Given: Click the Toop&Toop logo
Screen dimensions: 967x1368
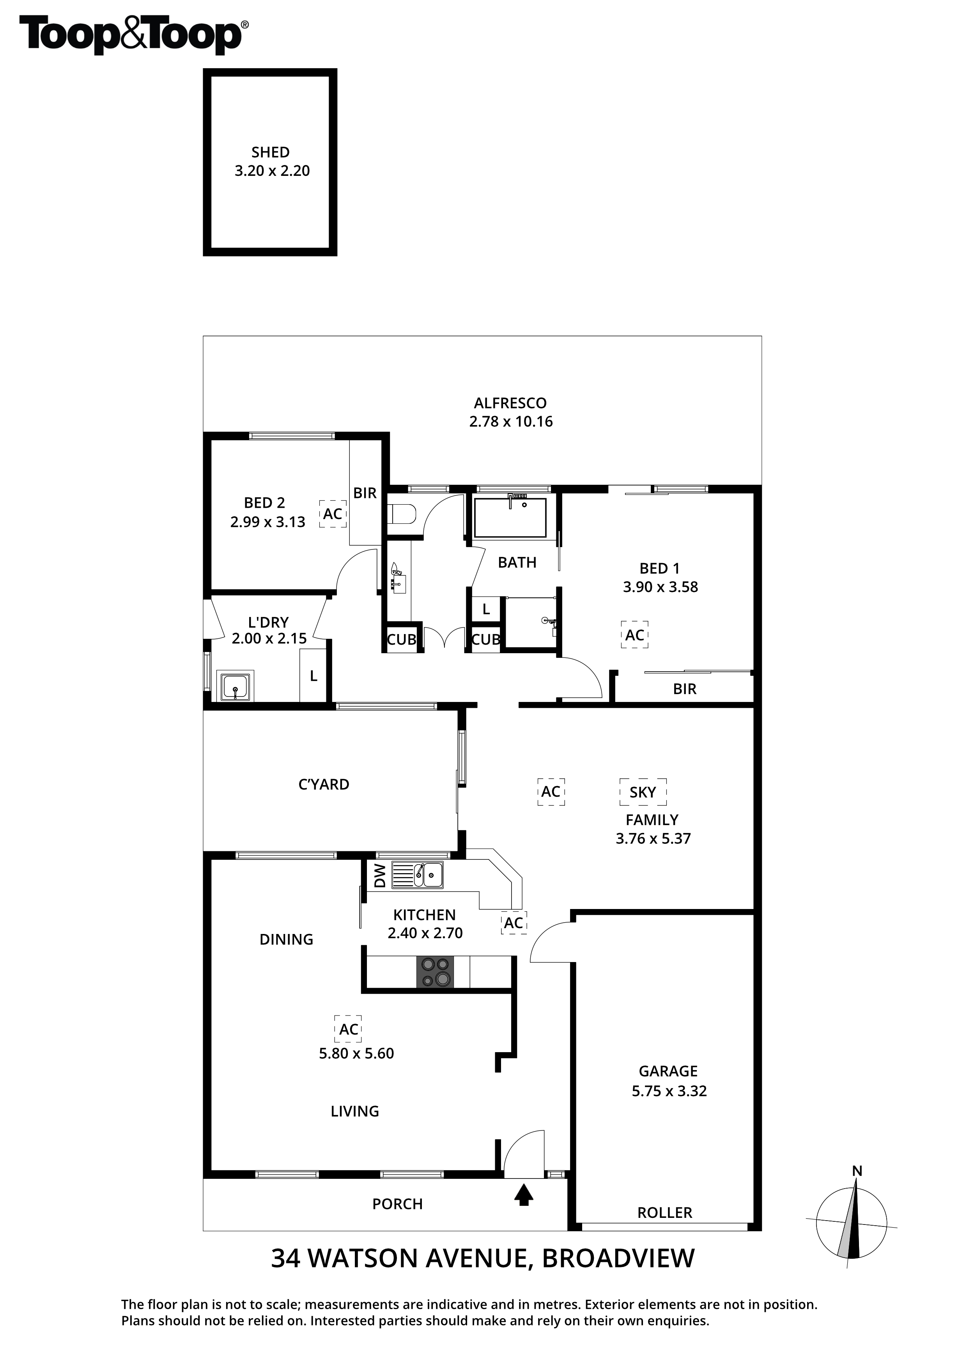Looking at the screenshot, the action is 134,35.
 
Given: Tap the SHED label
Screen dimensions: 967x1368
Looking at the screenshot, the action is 271,152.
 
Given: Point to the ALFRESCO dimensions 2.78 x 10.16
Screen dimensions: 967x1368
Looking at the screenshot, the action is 511,422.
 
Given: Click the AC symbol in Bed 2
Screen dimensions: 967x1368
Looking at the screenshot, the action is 333,514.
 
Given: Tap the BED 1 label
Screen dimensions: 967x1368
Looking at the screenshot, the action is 660,569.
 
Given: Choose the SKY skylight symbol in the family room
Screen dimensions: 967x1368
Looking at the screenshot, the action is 643,792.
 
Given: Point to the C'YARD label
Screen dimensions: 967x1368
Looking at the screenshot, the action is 324,785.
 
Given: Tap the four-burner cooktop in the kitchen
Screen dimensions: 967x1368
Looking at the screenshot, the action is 434,972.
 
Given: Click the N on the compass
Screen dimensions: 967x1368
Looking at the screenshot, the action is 857,1171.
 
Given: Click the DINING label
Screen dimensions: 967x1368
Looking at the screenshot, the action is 286,939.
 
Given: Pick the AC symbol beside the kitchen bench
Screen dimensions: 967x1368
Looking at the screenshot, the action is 514,923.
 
